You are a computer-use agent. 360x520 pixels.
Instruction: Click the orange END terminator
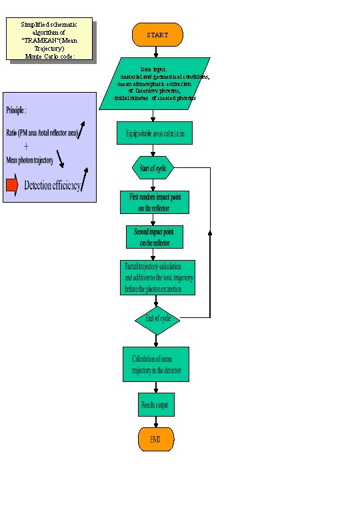(x=155, y=439)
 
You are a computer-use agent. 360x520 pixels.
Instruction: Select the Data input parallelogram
(x=155, y=83)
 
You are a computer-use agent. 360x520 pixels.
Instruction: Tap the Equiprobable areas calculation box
(x=155, y=133)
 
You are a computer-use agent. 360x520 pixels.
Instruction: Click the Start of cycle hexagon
(x=153, y=168)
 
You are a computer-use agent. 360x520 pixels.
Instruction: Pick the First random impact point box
(x=155, y=203)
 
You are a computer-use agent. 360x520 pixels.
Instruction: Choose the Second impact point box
(x=155, y=237)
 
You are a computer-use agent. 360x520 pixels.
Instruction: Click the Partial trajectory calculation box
(x=157, y=277)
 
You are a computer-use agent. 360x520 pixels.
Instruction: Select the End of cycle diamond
(x=157, y=319)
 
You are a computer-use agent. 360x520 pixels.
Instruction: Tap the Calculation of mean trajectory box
(x=155, y=364)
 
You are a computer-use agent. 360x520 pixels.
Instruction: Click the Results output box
(x=155, y=405)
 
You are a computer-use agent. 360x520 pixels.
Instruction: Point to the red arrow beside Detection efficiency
(x=12, y=185)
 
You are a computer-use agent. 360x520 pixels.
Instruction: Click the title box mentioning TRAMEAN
(x=49, y=40)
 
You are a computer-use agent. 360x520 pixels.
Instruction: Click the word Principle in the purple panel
(x=17, y=109)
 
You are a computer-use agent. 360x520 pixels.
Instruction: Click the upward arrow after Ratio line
(x=81, y=129)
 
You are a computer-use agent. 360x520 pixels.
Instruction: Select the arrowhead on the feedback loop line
(x=210, y=234)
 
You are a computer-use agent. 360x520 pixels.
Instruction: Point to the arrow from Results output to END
(x=155, y=422)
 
